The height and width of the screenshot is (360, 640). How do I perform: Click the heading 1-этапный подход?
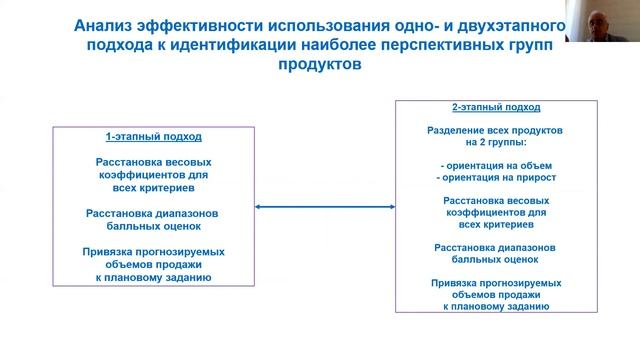(153, 136)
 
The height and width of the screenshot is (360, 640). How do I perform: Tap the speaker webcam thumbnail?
(603, 21)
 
